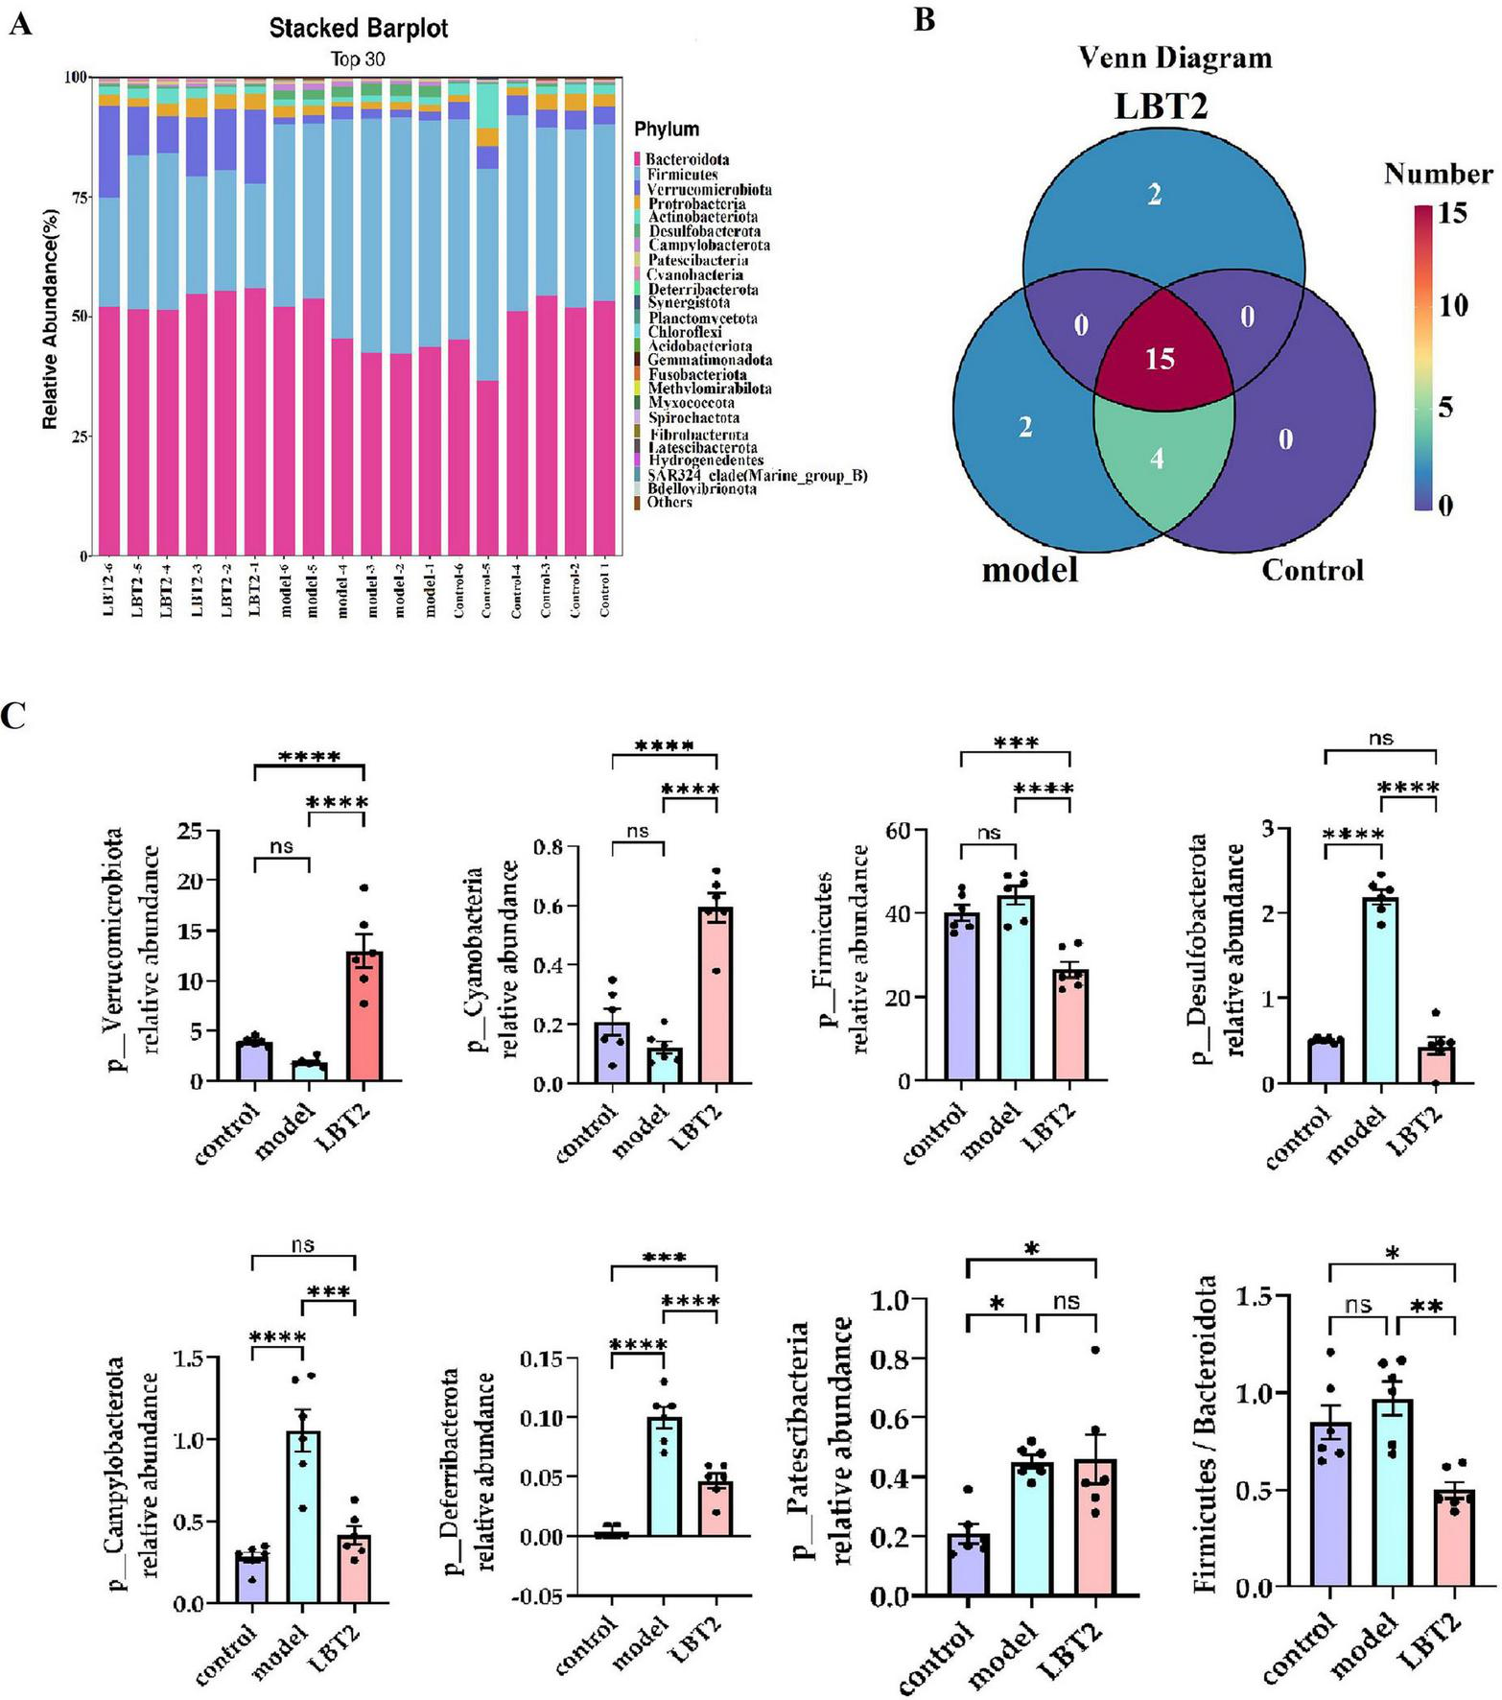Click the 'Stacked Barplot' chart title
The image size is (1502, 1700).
[358, 29]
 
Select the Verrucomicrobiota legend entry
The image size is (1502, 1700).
[708, 189]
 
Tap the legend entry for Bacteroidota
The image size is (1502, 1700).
[686, 159]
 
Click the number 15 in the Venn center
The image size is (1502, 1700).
[1160, 359]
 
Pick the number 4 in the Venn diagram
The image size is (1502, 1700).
[1158, 459]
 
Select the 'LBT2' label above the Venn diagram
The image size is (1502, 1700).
[1161, 106]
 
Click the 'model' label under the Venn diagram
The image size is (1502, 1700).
[1030, 570]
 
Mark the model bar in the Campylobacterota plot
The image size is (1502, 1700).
[303, 1517]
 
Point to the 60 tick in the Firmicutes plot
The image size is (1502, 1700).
[898, 830]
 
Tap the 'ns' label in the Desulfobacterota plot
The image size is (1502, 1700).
[1380, 738]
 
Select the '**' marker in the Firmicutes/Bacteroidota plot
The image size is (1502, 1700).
[1426, 1306]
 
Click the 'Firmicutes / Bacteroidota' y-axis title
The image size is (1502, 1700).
[1206, 1433]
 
